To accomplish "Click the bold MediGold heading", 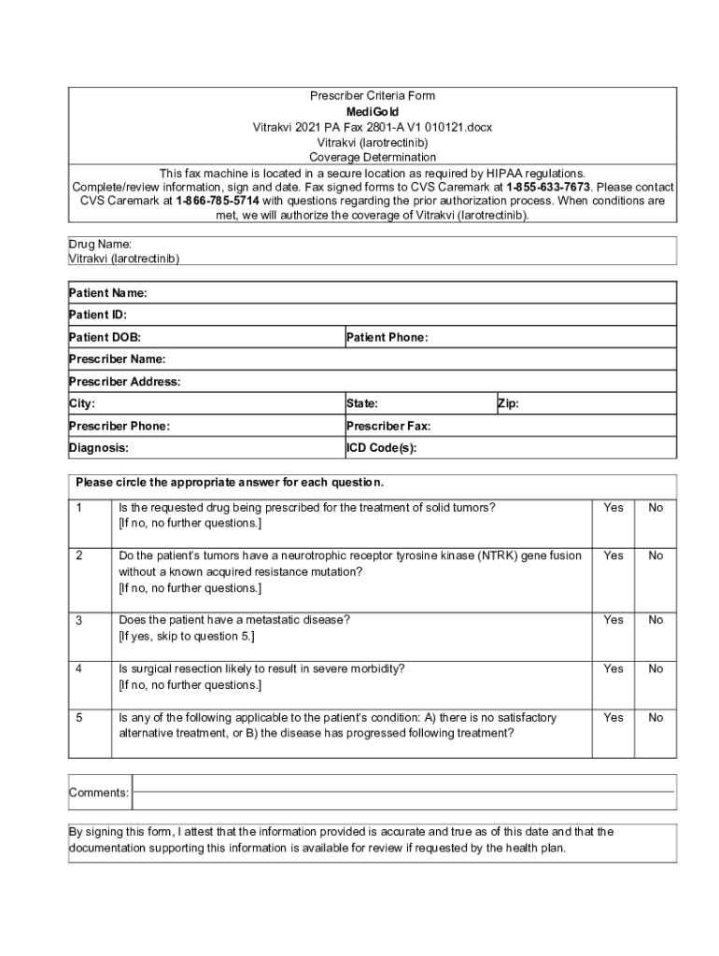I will point(372,111).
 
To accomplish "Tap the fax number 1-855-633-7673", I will point(549,186).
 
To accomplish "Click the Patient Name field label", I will point(107,293).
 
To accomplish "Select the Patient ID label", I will point(97,316).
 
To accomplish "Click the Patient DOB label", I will point(105,337).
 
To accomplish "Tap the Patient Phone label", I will point(387,337).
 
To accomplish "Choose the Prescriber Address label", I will point(124,381).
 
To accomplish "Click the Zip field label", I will point(508,403).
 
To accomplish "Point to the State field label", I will point(361,403).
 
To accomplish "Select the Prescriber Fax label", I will point(388,426).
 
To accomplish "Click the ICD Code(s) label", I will point(381,447).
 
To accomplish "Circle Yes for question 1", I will point(613,507).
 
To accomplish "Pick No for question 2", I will point(656,555).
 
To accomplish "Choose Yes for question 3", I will point(613,620).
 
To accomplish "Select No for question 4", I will point(656,668).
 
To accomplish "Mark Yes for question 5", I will point(613,717).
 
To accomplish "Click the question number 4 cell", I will point(79,668).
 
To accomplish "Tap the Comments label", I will point(98,793).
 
